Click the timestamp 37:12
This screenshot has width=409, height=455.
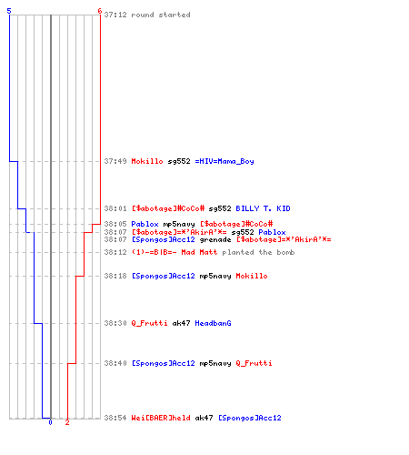115,15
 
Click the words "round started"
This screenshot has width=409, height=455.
161,15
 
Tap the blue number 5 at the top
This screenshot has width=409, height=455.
9,11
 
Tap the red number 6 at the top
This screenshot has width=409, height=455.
100,11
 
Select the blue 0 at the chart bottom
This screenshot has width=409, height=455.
50,422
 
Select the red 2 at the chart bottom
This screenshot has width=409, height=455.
67,422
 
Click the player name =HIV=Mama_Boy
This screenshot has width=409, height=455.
224,161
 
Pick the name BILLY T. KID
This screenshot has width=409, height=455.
263,208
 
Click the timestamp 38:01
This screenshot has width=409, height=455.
115,208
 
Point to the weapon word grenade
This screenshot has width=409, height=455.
215,239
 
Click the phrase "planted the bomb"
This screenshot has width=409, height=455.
258,252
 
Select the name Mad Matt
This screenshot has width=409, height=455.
199,252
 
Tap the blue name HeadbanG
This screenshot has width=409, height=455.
213,323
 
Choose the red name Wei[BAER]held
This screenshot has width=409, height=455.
161,418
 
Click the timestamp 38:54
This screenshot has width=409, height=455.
115,418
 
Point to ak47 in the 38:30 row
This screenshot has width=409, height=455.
181,323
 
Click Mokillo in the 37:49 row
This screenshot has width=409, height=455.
147,161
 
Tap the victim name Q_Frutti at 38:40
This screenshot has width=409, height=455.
254,363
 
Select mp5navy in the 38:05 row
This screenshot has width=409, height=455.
179,224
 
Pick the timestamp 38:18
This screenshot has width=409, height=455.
115,276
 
